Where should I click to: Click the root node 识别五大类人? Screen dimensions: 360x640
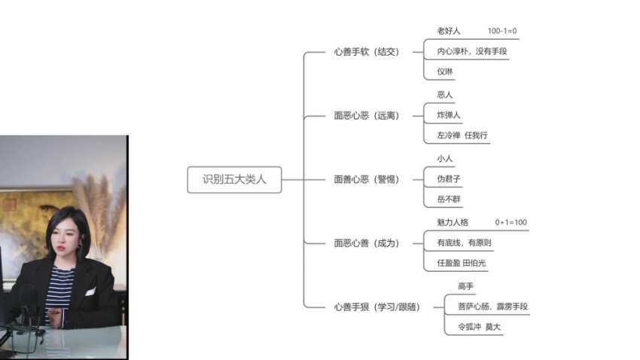coord(234,180)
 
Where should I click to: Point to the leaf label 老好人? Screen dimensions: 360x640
coord(449,31)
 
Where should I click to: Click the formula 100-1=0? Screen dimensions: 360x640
coord(502,31)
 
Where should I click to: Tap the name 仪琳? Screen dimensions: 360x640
coord(446,72)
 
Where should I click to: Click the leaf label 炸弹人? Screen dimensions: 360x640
coord(449,115)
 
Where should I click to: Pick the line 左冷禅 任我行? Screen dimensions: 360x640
coord(462,136)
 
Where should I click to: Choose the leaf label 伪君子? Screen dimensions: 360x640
coord(449,179)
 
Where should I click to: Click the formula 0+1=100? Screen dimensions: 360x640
coord(511,223)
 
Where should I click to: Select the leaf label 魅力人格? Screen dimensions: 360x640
coord(453,223)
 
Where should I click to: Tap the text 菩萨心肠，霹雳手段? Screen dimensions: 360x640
coord(492,307)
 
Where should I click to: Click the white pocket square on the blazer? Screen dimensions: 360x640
coord(90,291)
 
